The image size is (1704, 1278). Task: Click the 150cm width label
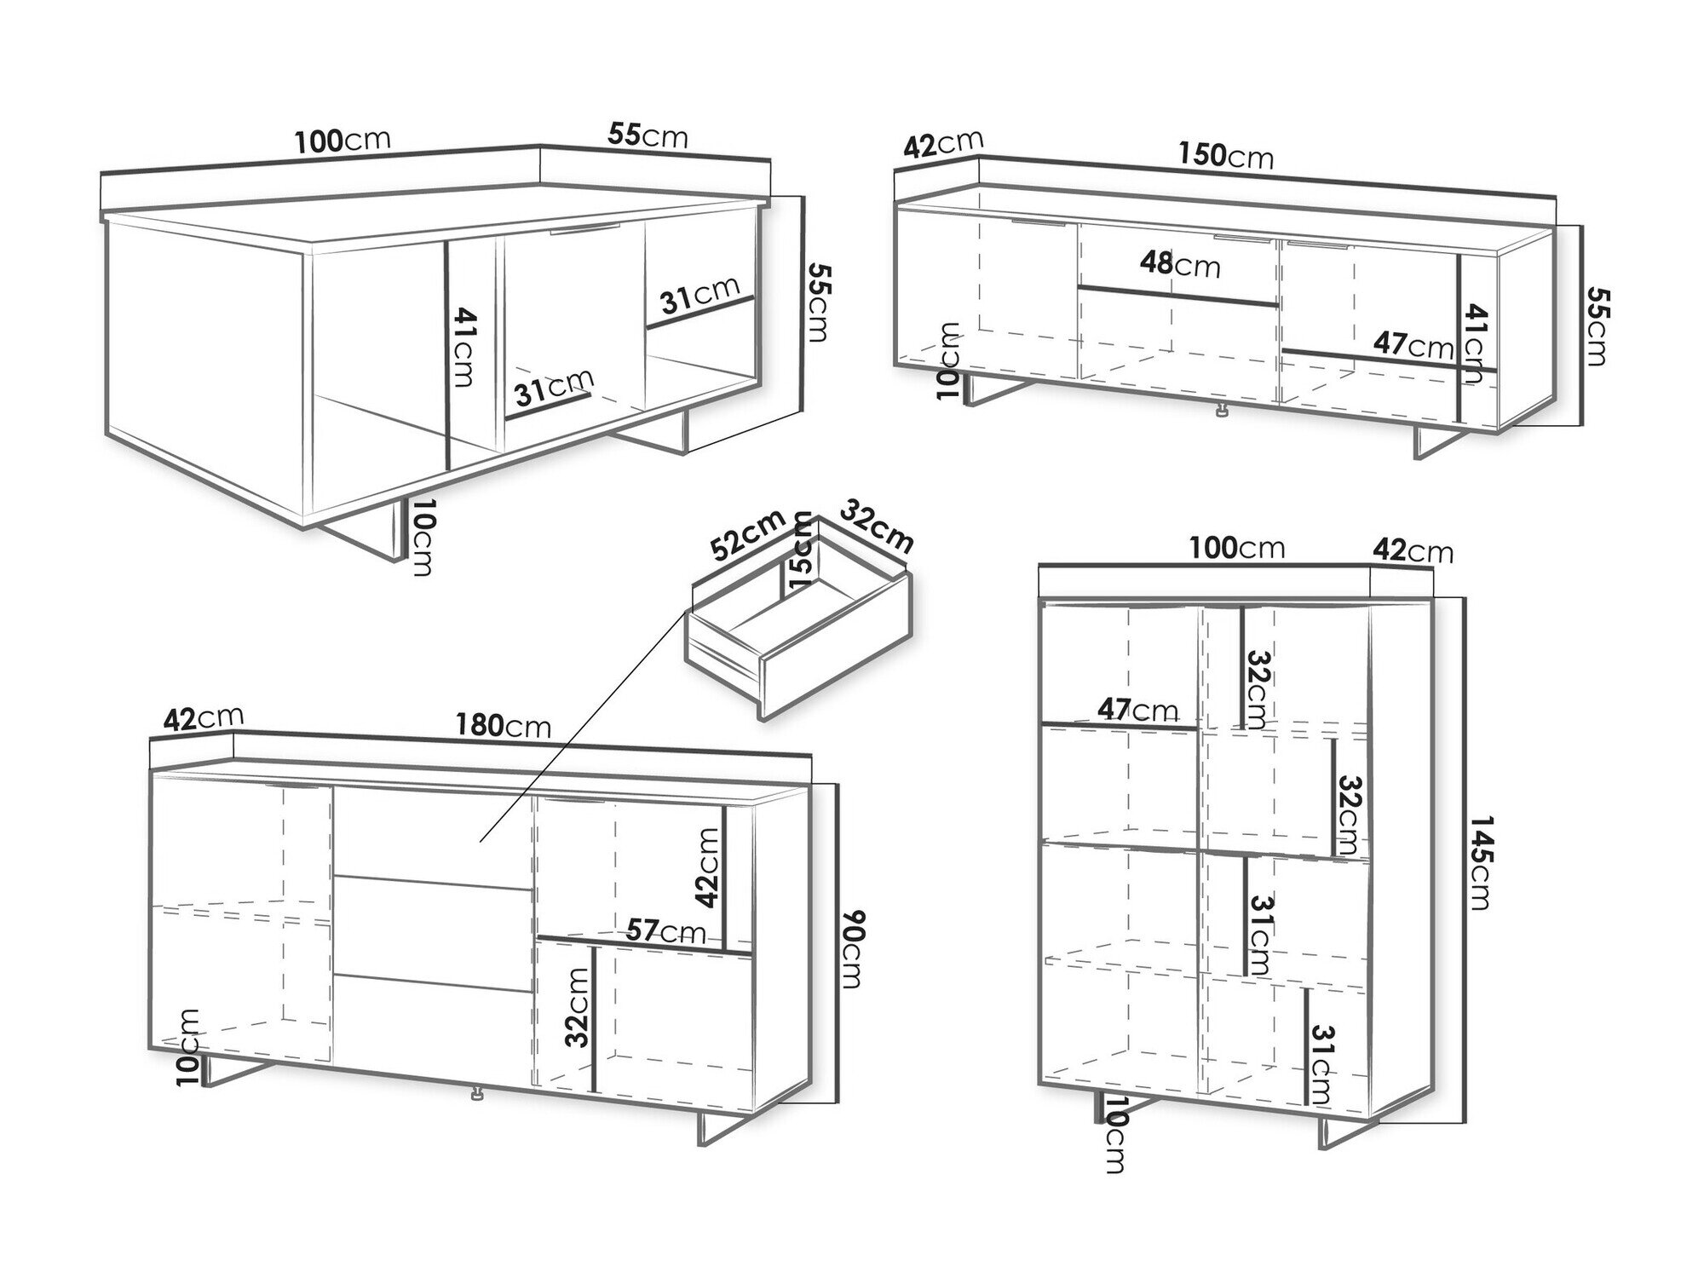pos(1226,155)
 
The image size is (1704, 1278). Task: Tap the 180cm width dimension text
pos(504,725)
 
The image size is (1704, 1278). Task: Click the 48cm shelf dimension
pos(1180,264)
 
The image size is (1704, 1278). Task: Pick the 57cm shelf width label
pos(666,930)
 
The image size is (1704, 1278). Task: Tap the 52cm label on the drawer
pos(749,535)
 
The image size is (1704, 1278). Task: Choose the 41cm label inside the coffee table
pos(463,347)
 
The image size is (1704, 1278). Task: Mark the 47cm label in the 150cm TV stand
pos(1413,345)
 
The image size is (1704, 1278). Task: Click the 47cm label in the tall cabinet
pos(1137,709)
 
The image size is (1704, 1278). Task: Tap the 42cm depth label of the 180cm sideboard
pos(203,718)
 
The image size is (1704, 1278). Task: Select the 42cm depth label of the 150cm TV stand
pos(943,144)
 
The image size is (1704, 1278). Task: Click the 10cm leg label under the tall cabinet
pos(1114,1135)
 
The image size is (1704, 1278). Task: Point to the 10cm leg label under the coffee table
pos(421,538)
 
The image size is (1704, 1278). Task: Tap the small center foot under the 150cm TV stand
pos(1222,411)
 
